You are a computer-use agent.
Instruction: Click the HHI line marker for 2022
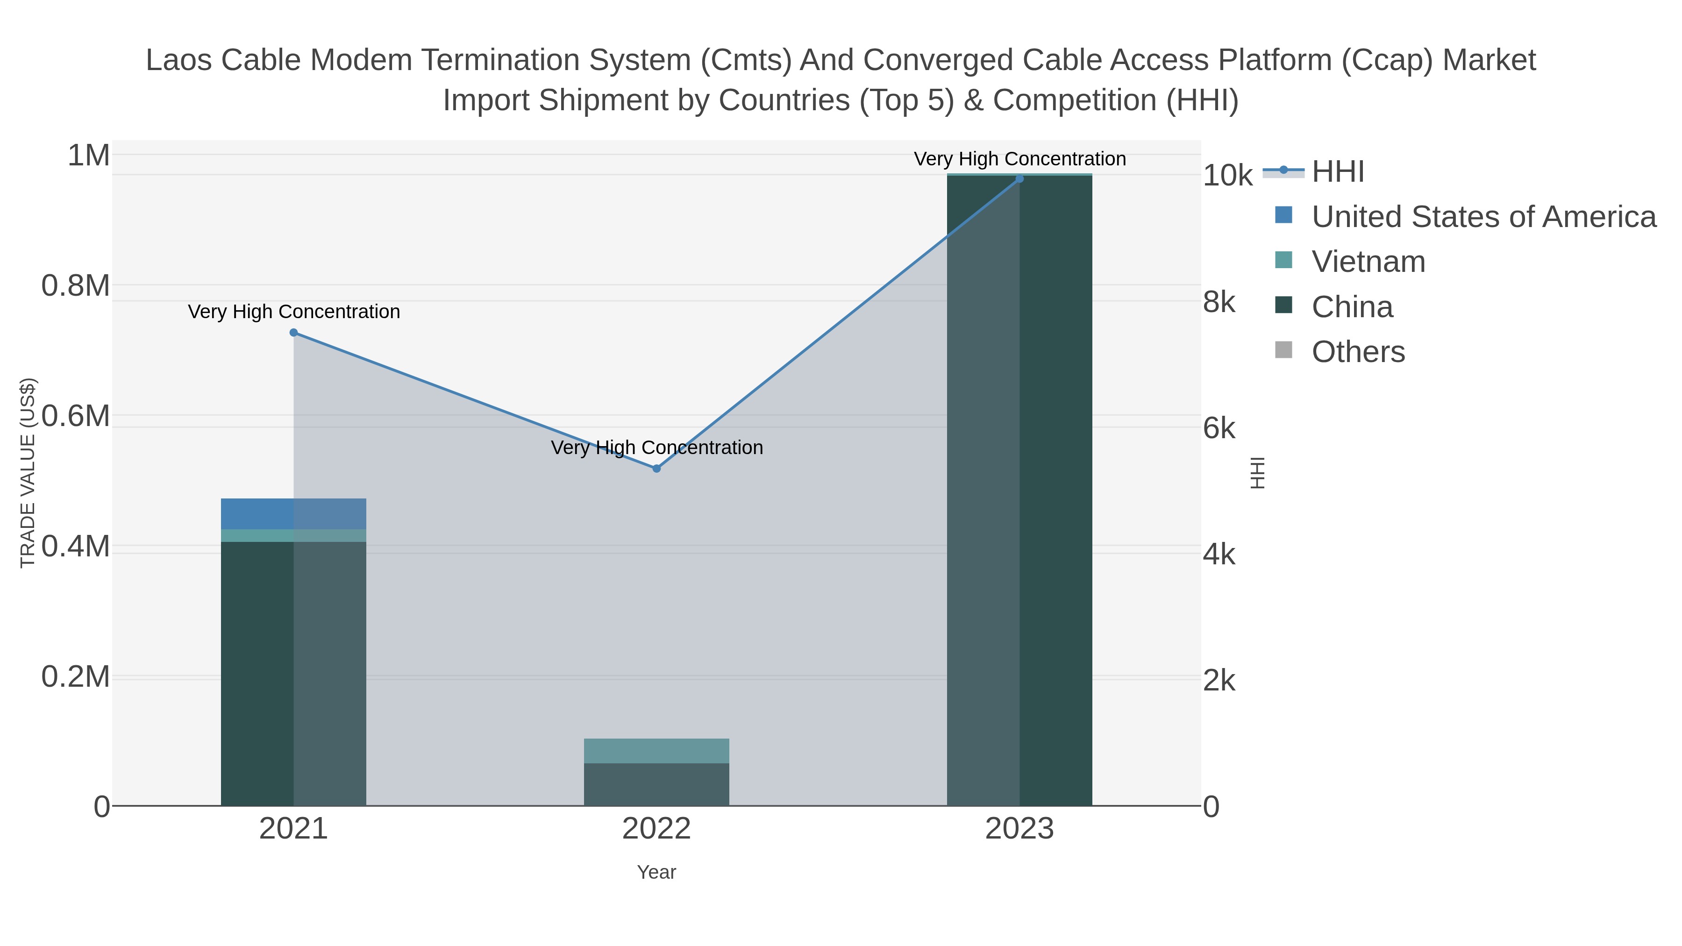tap(656, 469)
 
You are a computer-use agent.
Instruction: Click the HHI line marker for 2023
tap(1019, 179)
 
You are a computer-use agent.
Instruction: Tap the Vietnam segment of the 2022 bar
tap(656, 751)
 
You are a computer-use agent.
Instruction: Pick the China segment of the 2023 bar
tap(1019, 490)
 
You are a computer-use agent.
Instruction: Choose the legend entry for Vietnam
tap(1368, 262)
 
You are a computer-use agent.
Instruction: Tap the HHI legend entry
tap(1337, 172)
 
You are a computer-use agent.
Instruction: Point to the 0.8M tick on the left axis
tap(76, 286)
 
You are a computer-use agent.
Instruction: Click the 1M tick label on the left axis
tap(89, 156)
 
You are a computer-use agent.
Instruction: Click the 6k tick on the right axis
tap(1219, 429)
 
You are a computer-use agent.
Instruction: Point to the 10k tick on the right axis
tap(1227, 176)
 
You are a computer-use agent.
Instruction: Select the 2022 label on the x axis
tap(656, 829)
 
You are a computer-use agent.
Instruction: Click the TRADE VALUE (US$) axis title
tap(28, 473)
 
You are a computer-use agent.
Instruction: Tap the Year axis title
tap(656, 872)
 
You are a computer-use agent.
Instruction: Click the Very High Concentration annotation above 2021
tap(294, 312)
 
